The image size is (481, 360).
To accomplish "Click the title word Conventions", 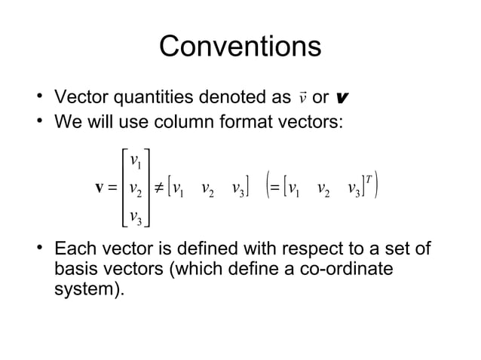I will (240, 46).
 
